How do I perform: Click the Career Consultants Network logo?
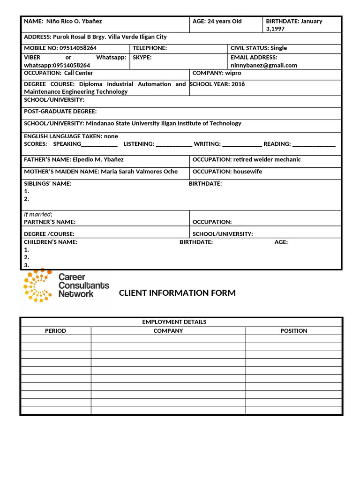point(66,285)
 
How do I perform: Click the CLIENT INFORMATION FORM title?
point(177,293)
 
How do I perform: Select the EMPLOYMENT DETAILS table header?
point(174,322)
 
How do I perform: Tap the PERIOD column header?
point(55,331)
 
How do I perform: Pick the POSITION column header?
point(293,331)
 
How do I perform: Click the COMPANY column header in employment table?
point(168,331)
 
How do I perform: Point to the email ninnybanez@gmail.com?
point(263,66)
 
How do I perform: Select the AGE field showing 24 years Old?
point(217,21)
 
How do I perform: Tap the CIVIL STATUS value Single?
point(278,48)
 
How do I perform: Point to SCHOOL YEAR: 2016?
point(217,84)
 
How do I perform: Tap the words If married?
point(38,214)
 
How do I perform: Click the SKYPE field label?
point(142,58)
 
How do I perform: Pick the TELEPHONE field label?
point(150,48)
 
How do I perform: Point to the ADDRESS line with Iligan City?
point(95,37)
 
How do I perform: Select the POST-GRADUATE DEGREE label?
point(60,112)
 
